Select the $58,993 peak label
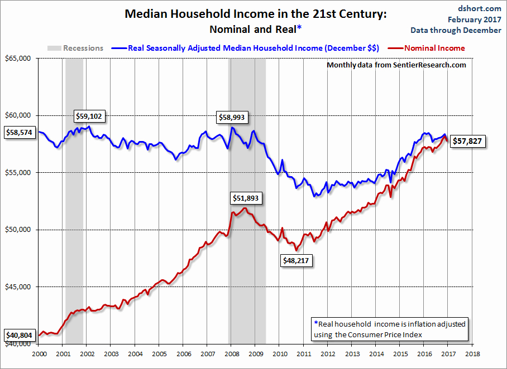click(233, 117)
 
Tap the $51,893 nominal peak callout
click(246, 198)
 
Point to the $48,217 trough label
click(296, 259)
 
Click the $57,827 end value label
click(468, 142)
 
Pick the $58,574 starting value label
click(20, 133)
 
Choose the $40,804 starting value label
click(20, 336)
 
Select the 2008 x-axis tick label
click(231, 353)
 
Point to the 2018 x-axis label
click(472, 353)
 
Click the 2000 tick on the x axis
click(39, 353)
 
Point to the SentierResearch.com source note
click(396, 65)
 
